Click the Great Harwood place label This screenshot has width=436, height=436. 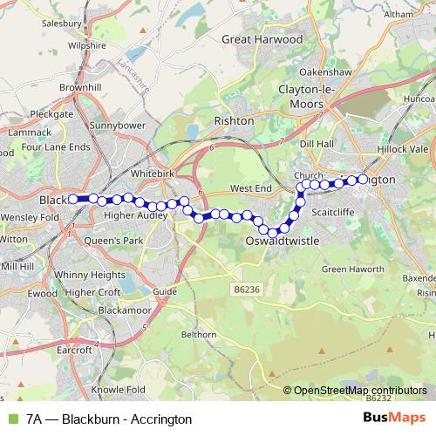(x=262, y=39)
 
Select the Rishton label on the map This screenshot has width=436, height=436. (x=234, y=120)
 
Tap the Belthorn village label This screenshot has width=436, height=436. (x=198, y=334)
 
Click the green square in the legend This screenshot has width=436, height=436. (x=11, y=419)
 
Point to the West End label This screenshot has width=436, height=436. (x=251, y=188)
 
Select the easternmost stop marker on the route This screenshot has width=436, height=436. (x=364, y=180)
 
